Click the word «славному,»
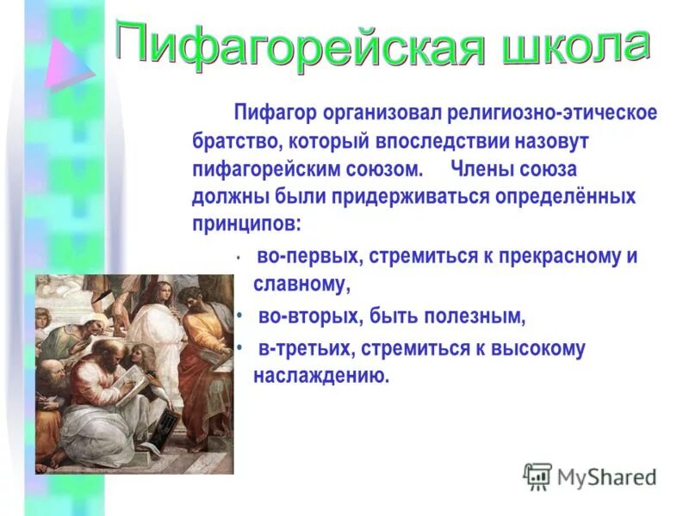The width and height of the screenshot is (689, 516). [x=301, y=283]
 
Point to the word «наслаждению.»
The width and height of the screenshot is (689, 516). [x=321, y=375]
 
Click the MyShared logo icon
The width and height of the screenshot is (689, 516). [x=537, y=476]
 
